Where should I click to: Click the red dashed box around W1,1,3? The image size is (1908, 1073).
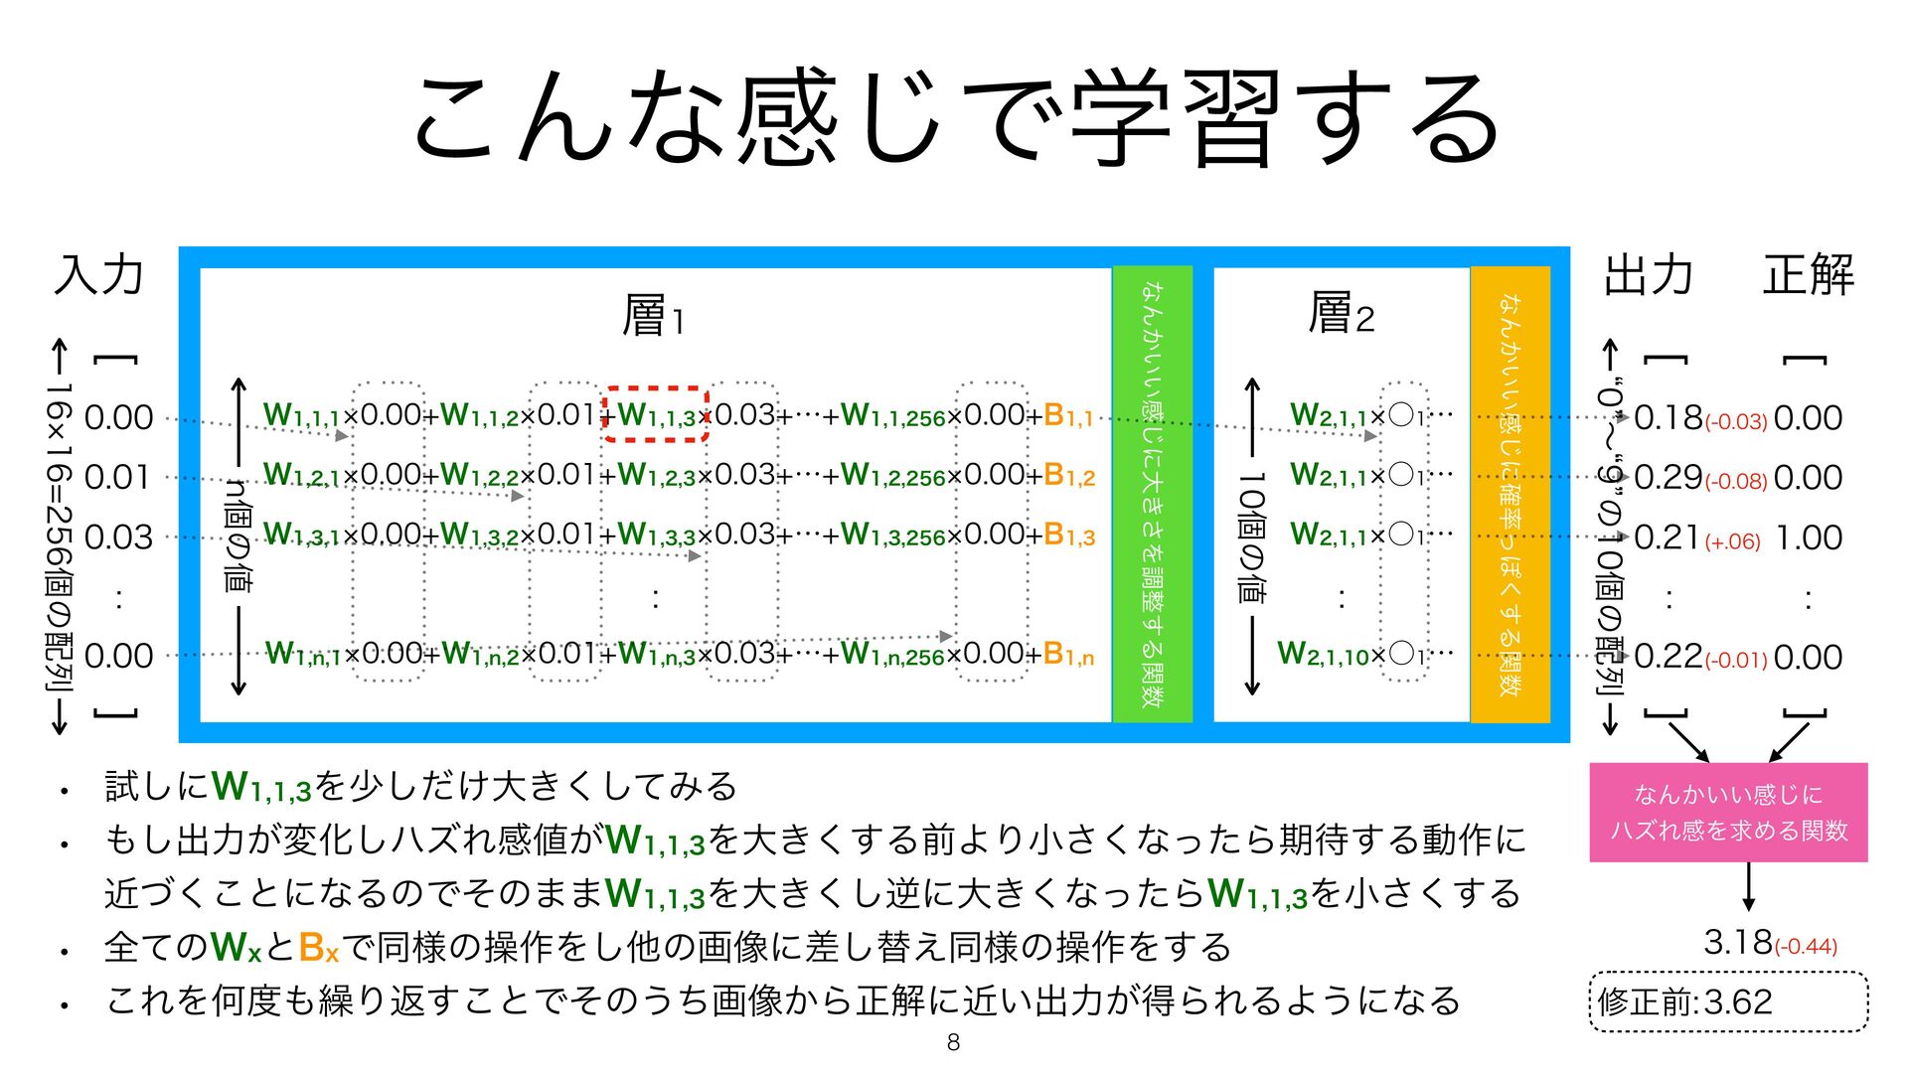click(656, 414)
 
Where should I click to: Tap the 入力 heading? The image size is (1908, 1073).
click(99, 275)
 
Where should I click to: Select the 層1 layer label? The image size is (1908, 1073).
click(653, 316)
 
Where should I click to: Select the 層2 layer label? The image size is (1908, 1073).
click(1341, 314)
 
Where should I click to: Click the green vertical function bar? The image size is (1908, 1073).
click(1152, 494)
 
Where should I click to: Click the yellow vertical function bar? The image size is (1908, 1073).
click(1510, 494)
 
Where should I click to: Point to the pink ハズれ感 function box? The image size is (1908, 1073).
click(1728, 812)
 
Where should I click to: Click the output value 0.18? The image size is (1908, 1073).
click(1668, 418)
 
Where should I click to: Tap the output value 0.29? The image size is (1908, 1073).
click(1668, 478)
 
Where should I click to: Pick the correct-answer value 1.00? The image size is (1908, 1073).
click(1809, 537)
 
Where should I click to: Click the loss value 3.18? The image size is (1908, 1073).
click(1738, 941)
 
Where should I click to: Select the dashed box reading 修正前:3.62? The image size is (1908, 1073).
click(1728, 1001)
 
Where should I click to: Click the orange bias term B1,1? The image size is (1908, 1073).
click(1068, 415)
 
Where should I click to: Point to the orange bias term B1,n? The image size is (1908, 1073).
click(1068, 654)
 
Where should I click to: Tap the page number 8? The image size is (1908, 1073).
click(953, 1042)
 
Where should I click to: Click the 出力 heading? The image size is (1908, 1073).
click(1649, 275)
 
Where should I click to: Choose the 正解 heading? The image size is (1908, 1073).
click(1809, 275)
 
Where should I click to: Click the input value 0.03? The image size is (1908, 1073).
click(119, 537)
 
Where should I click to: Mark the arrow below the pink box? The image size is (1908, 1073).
click(1748, 886)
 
